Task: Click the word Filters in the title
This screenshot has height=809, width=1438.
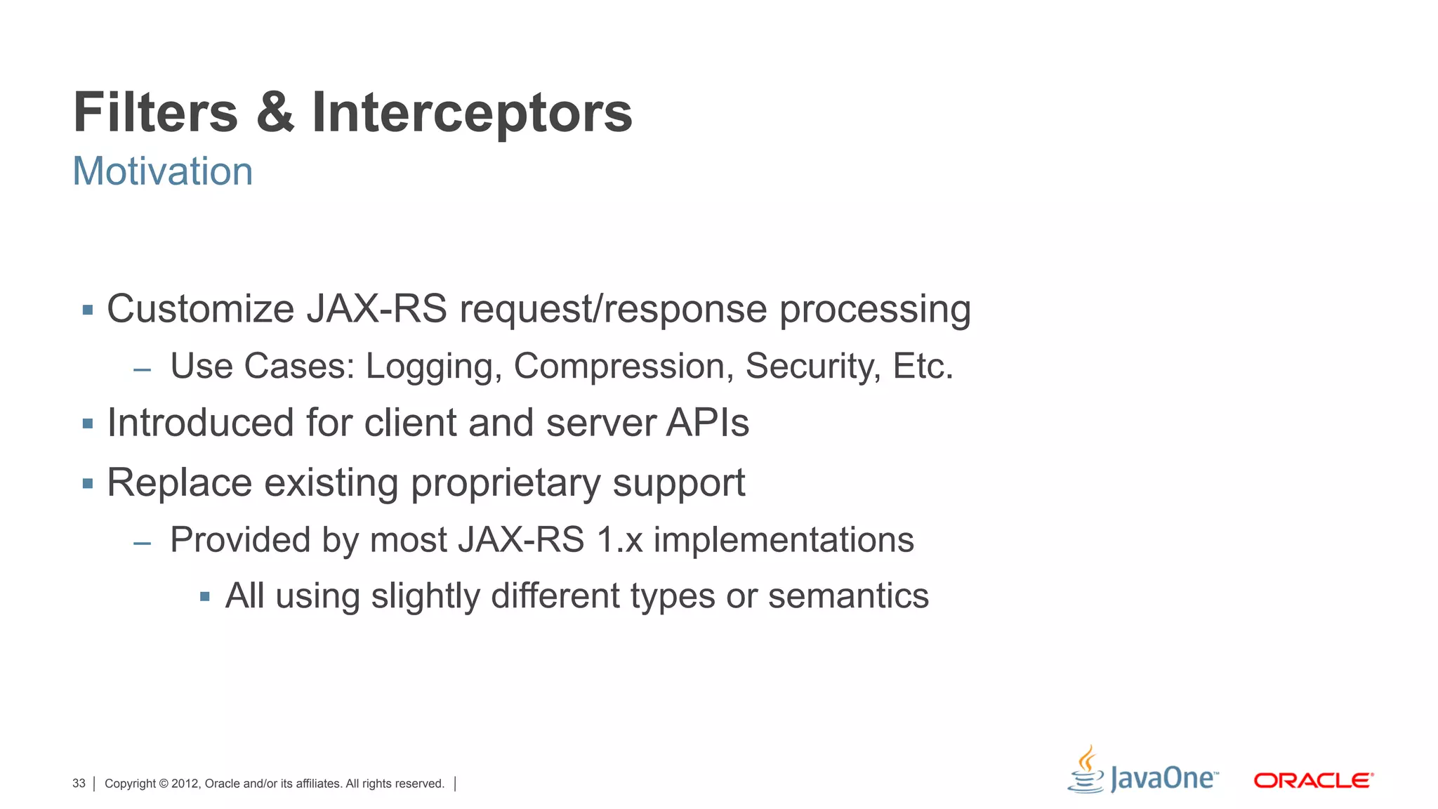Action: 156,112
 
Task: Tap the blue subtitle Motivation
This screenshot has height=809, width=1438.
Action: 163,171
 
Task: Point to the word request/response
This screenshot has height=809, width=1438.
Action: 613,310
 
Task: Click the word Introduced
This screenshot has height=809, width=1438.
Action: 200,423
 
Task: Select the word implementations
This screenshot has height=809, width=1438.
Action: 784,541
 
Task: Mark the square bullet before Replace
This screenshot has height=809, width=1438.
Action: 88,483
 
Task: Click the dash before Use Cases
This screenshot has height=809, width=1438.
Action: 143,369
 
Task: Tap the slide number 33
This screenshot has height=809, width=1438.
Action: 79,784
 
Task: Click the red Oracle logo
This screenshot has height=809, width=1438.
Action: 1313,780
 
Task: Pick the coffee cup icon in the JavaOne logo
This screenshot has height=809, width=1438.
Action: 1086,770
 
